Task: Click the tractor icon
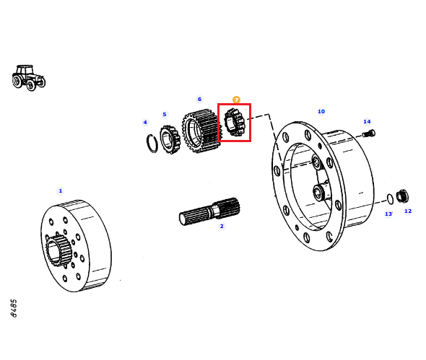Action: [x=29, y=78]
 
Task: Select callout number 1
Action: [x=61, y=191]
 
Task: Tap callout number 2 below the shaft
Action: [x=222, y=226]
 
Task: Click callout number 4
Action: [x=145, y=123]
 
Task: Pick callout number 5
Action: [x=165, y=114]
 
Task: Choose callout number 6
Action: [x=199, y=99]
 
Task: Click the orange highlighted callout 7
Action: [x=236, y=100]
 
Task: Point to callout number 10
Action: [x=321, y=111]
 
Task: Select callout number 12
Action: [x=408, y=211]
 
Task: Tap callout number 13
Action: [x=388, y=214]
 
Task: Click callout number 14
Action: [x=367, y=121]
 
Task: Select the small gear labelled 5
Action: [x=170, y=139]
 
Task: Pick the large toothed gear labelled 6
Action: [x=201, y=131]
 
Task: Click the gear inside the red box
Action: [x=235, y=123]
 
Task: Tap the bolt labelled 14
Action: [x=369, y=133]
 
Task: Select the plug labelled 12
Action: [x=402, y=196]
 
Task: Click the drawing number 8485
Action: [x=14, y=308]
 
